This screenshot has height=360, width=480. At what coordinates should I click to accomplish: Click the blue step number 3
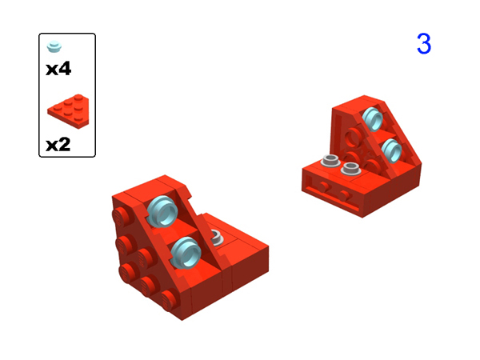pyautogui.click(x=423, y=44)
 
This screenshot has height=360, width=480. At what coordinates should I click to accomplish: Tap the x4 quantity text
pyautogui.click(x=58, y=69)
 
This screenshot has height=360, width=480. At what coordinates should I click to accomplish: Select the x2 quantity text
pyautogui.click(x=58, y=145)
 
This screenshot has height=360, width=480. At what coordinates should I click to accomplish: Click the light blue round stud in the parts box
pyautogui.click(x=54, y=45)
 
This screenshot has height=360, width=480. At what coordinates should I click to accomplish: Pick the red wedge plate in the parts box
pyautogui.click(x=67, y=109)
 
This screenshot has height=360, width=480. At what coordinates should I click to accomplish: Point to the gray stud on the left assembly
pyautogui.click(x=215, y=237)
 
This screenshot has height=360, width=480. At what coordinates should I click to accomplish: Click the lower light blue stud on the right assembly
pyautogui.click(x=391, y=148)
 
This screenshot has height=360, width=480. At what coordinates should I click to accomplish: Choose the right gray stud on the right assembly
pyautogui.click(x=350, y=169)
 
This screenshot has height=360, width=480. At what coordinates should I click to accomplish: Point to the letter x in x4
pyautogui.click(x=52, y=70)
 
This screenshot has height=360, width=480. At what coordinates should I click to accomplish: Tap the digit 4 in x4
pyautogui.click(x=65, y=69)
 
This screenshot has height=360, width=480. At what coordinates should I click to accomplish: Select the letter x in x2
pyautogui.click(x=52, y=146)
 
